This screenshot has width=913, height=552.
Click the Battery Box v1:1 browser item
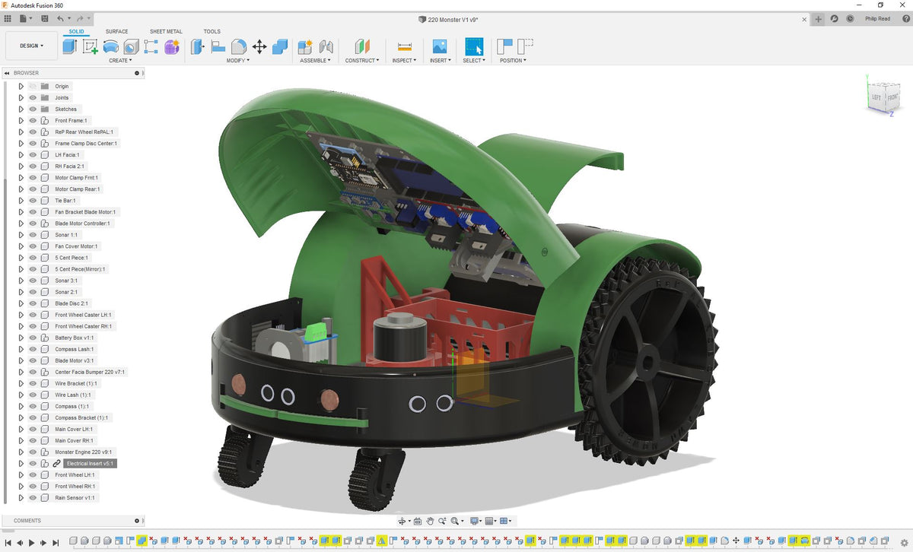point(74,338)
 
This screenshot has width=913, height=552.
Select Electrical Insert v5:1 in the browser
point(90,463)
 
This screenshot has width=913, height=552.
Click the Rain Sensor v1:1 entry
point(75,497)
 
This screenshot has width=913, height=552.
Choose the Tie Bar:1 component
point(65,201)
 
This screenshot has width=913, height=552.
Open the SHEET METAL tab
point(166,31)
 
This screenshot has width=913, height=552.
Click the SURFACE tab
point(116,31)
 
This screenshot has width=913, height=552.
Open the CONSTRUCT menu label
point(361,60)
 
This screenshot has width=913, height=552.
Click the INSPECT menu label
point(403,60)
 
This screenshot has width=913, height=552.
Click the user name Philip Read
point(877,19)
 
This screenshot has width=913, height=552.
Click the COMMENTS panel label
point(27,521)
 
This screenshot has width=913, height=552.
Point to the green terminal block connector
point(319,333)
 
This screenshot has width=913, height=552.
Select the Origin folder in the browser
point(62,86)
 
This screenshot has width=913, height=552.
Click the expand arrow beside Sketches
point(21,109)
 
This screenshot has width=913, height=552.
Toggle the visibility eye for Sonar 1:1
point(33,235)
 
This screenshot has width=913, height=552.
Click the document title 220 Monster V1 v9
point(451,19)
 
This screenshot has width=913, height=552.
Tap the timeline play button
point(32,542)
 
